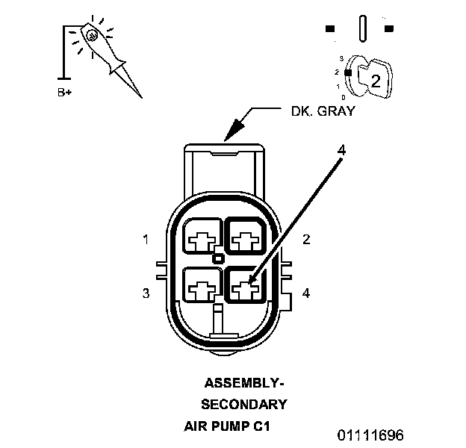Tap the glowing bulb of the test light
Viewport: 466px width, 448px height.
click(90, 34)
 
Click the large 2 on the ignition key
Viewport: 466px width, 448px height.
click(376, 82)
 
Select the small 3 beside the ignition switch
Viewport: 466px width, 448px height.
click(342, 58)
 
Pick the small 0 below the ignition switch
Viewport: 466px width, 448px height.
click(343, 97)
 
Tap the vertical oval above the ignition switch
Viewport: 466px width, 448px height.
click(362, 29)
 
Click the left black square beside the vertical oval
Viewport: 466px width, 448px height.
click(330, 29)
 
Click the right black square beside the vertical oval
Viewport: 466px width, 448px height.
click(388, 29)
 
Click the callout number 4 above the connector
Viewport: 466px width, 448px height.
click(341, 150)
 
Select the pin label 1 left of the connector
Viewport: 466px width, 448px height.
click(146, 240)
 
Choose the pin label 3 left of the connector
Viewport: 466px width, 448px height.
click(146, 293)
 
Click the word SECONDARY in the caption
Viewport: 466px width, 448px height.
click(244, 405)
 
